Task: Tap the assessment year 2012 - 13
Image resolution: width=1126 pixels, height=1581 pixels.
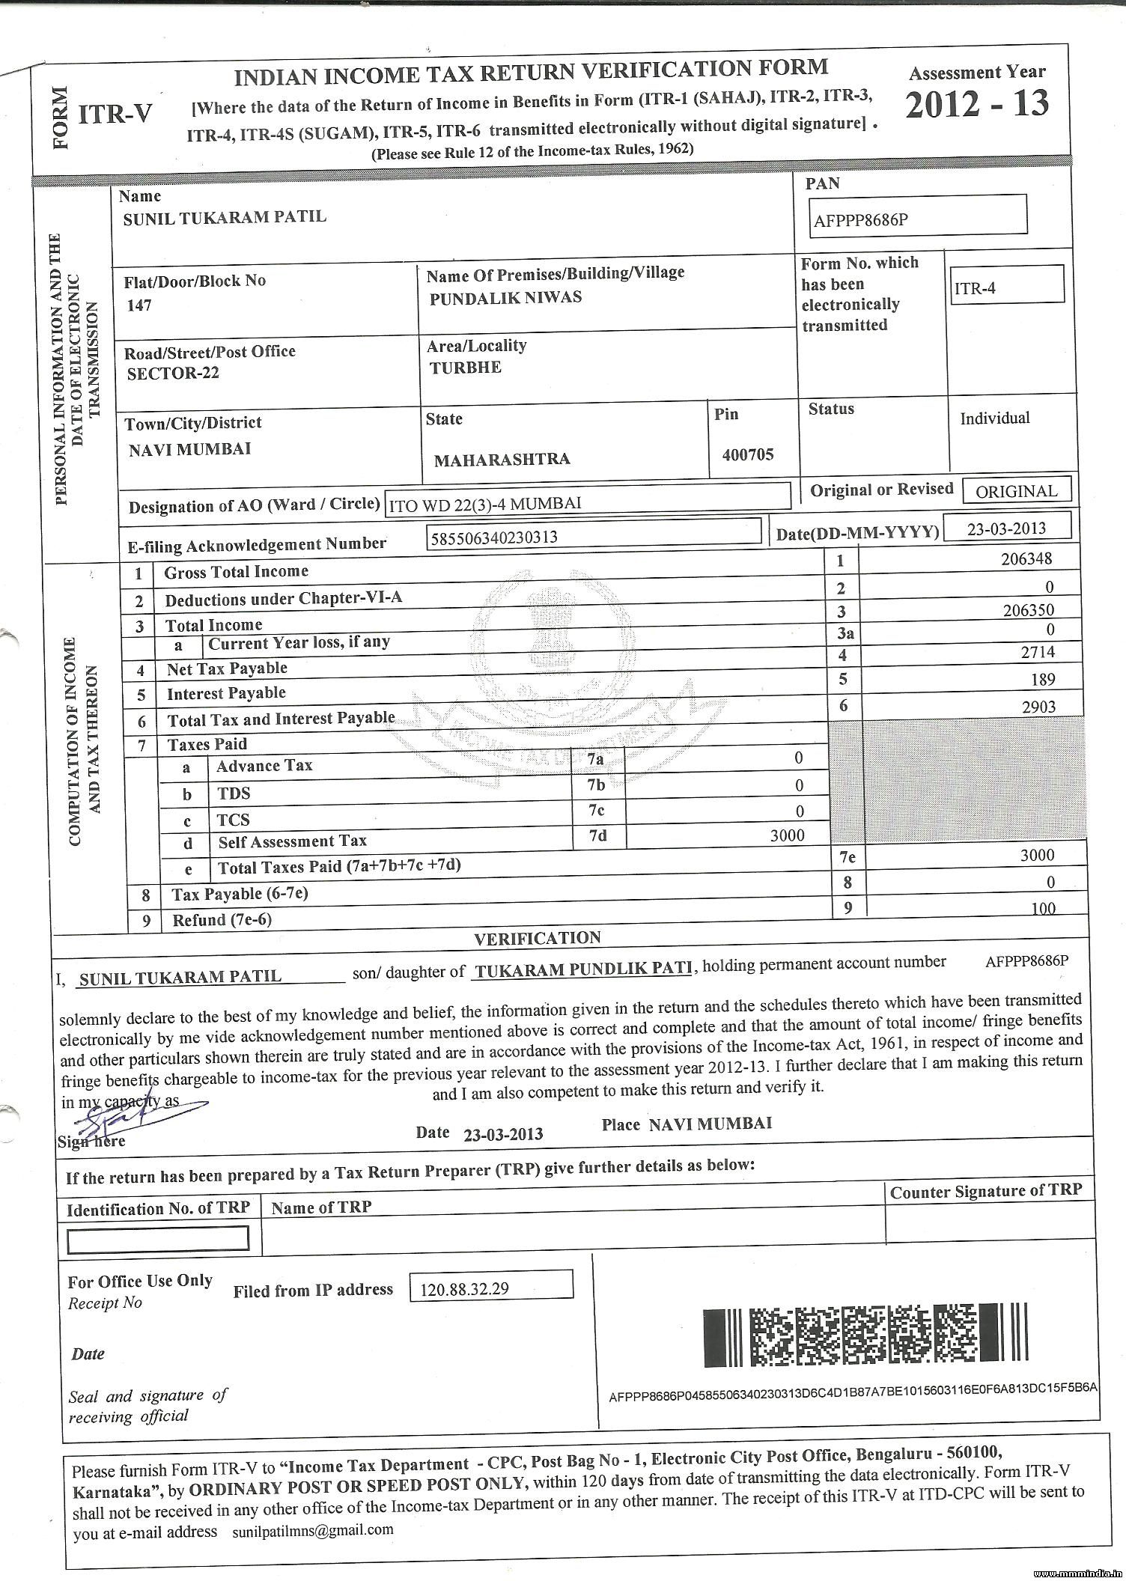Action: point(976,104)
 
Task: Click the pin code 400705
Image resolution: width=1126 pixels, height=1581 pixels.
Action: point(748,454)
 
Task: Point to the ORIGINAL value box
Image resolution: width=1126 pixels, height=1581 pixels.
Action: point(1016,491)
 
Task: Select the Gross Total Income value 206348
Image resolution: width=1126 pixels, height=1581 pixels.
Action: point(1026,558)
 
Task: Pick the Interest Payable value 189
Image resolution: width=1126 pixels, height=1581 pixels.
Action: point(1042,679)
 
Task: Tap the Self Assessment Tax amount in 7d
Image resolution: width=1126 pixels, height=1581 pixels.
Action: point(787,835)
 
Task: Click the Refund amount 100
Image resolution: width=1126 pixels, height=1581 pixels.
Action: point(1042,909)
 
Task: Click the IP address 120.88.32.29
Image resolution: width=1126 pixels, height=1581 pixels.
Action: point(466,1289)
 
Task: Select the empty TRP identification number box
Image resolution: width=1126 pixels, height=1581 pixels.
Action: point(158,1239)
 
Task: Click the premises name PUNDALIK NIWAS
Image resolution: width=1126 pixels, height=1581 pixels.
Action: point(505,298)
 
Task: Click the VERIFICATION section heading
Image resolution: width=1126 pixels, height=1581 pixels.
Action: point(538,938)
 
